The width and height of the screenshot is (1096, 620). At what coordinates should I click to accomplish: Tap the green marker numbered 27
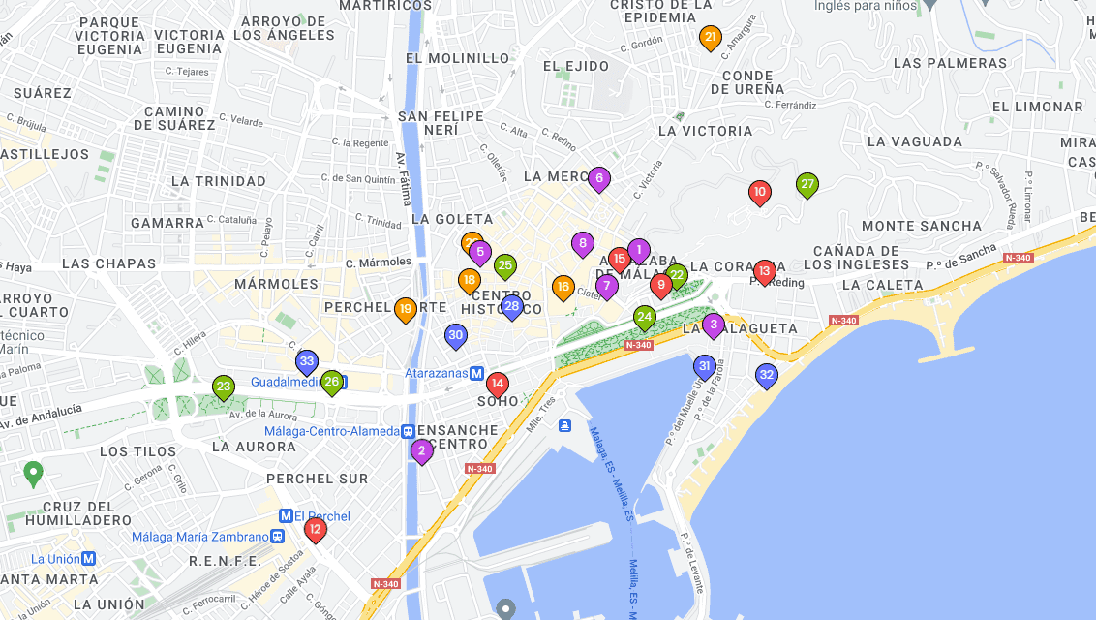point(807,185)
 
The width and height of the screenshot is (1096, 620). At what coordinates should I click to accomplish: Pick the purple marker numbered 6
point(599,178)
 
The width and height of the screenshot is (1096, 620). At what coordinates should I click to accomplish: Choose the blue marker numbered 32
point(767,375)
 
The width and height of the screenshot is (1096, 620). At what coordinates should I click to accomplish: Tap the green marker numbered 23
point(224,387)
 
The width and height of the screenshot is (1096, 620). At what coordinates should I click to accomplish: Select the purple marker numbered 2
point(421,450)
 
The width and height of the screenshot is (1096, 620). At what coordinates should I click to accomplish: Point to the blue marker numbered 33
point(307,362)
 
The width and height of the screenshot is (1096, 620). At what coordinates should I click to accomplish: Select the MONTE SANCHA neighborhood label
point(921,226)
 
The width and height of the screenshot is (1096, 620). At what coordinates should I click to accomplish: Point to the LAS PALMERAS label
point(950,63)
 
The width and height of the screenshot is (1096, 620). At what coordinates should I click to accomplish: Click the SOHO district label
point(499,401)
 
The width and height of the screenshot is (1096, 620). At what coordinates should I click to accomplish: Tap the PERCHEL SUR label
point(317,479)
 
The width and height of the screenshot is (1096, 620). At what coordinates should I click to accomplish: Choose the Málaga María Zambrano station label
point(199,537)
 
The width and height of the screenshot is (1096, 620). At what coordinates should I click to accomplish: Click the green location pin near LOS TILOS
point(34,474)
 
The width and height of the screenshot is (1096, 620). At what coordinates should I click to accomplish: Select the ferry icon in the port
point(564,426)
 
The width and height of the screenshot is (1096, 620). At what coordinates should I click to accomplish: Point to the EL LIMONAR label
point(1037,107)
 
